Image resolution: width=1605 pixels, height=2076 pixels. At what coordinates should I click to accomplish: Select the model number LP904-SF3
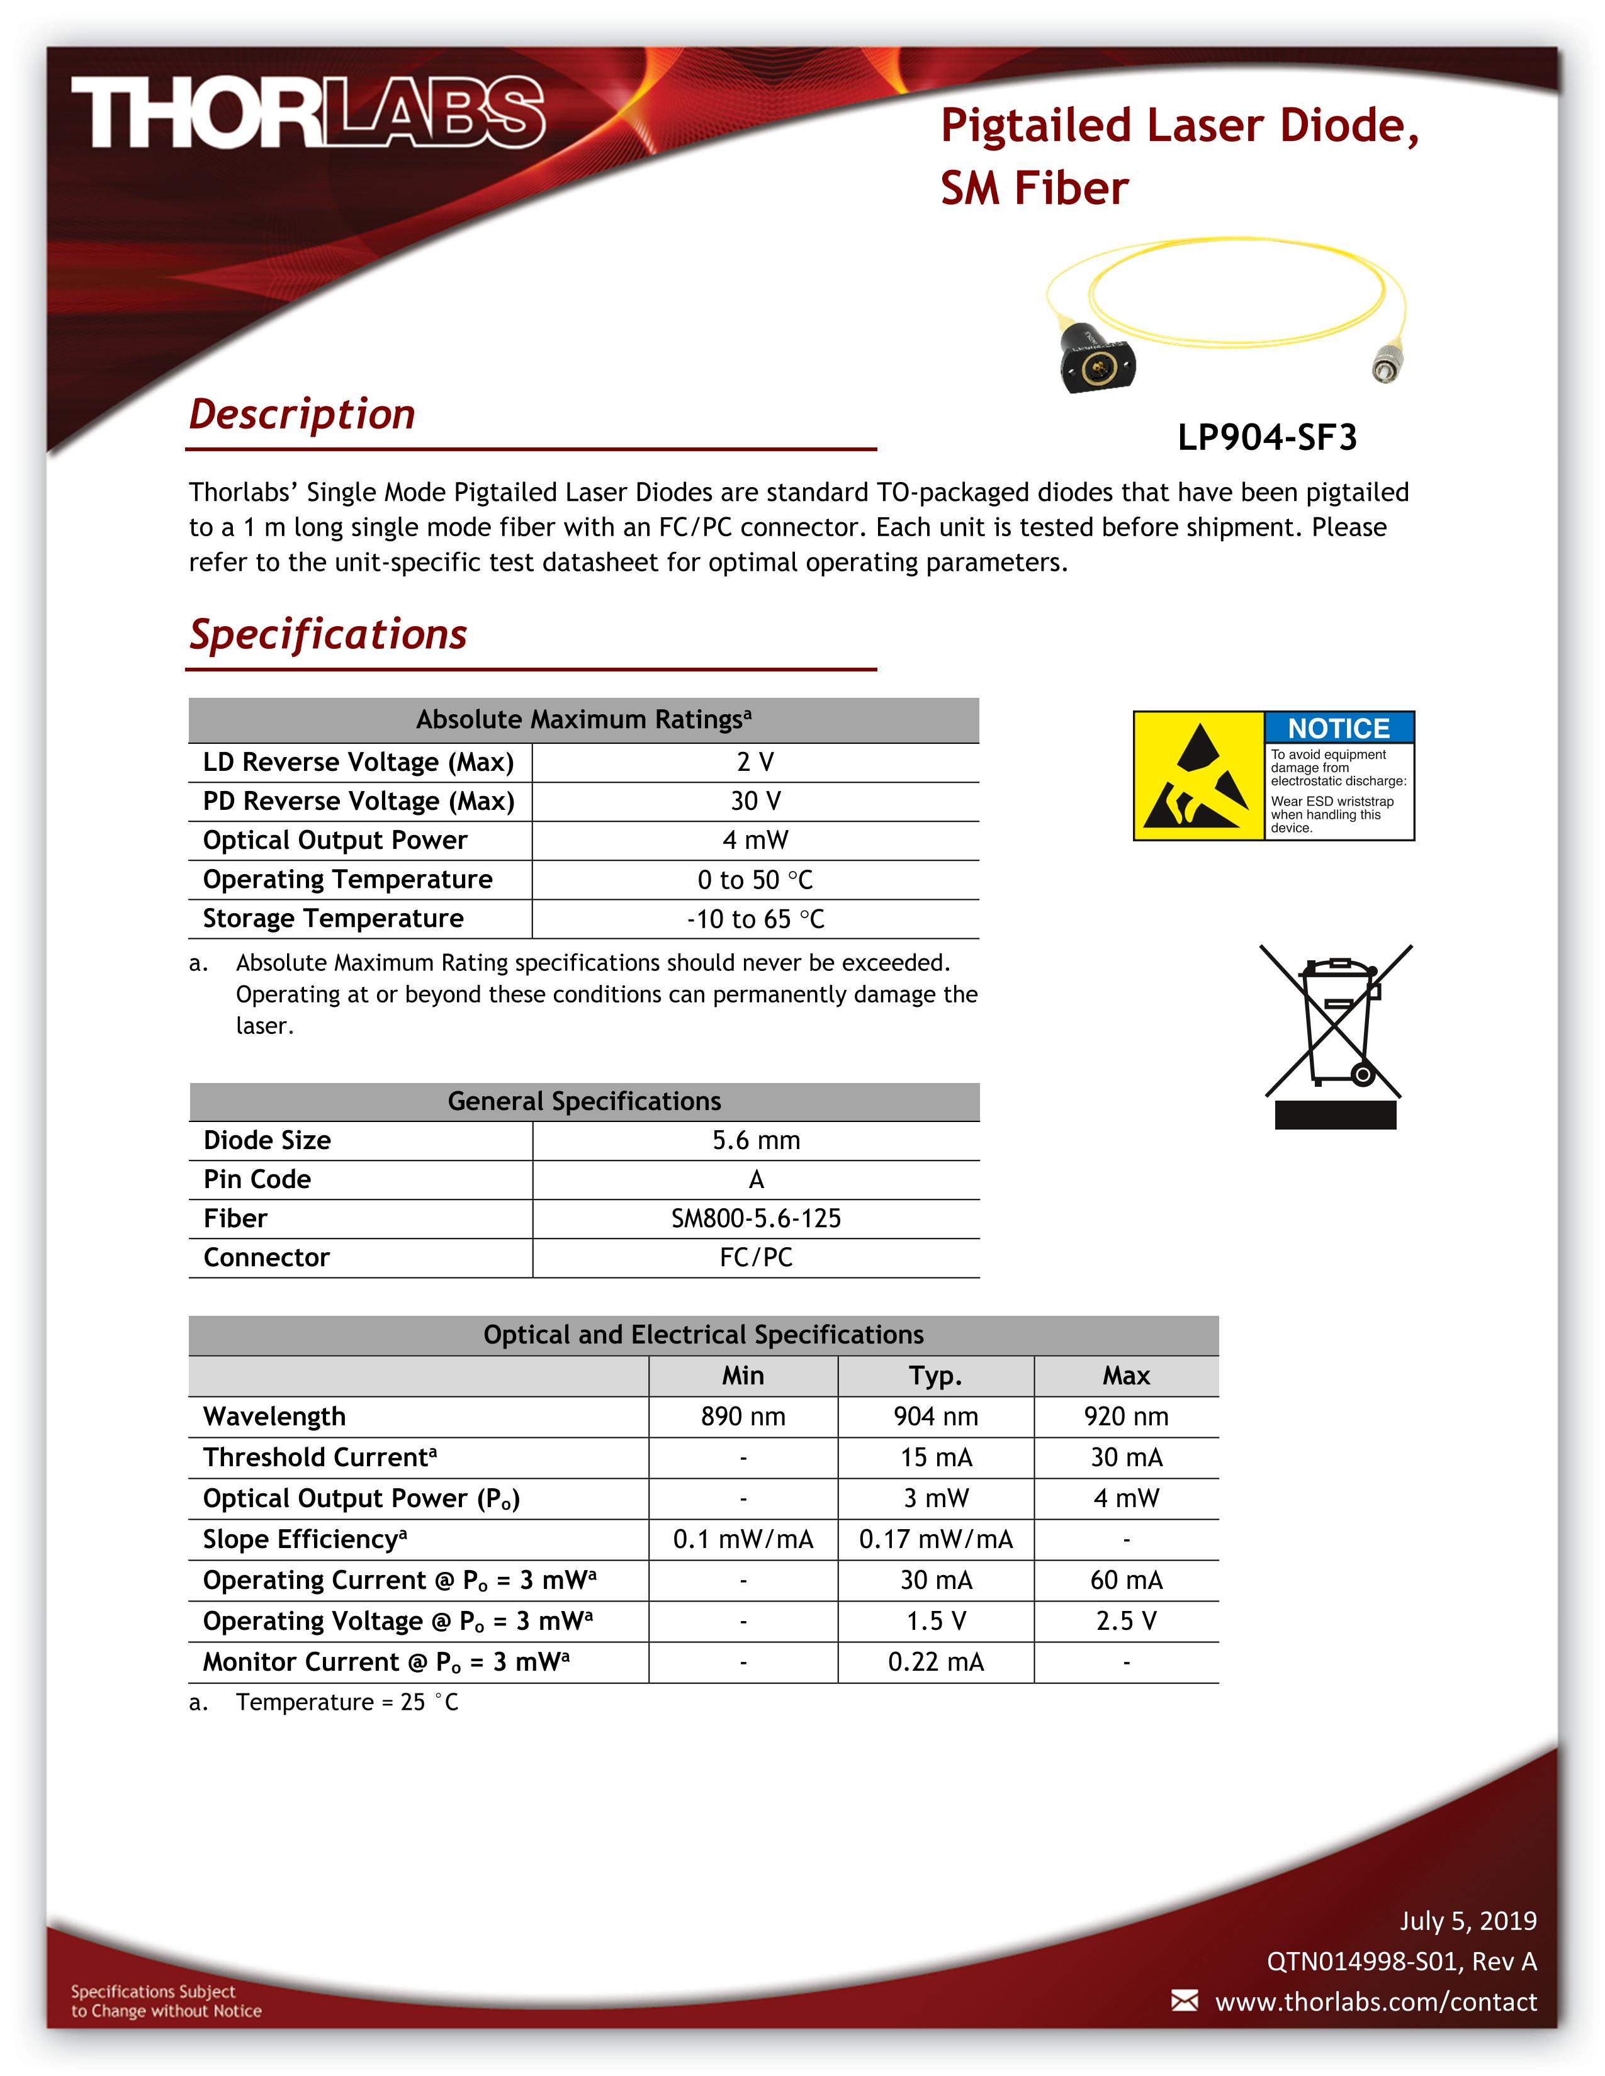pos(1266,437)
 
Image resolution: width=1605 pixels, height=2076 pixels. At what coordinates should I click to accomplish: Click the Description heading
pos(301,415)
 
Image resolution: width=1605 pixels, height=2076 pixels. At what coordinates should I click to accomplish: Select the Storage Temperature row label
pos(333,918)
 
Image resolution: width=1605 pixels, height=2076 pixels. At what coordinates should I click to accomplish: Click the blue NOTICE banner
pos(1338,728)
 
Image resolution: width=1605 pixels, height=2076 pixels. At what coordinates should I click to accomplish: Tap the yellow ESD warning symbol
pos(1198,777)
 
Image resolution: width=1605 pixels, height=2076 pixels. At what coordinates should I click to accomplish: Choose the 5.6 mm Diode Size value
pos(756,1141)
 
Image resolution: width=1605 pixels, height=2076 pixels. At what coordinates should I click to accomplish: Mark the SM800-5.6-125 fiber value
pos(756,1219)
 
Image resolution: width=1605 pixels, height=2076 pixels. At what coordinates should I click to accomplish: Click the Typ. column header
pos(935,1376)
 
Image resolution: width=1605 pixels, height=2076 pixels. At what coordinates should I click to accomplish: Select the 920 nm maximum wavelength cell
pos(1126,1417)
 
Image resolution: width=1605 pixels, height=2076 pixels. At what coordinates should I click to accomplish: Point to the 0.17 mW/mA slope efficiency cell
pos(935,1539)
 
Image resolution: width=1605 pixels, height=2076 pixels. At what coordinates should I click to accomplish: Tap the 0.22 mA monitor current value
pos(935,1661)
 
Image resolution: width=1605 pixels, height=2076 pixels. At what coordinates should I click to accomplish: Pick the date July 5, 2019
pos(1467,1921)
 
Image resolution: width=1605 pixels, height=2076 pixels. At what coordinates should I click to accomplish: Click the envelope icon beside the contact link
pos(1184,2001)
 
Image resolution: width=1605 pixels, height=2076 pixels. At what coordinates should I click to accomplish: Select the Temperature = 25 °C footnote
pos(346,1702)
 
